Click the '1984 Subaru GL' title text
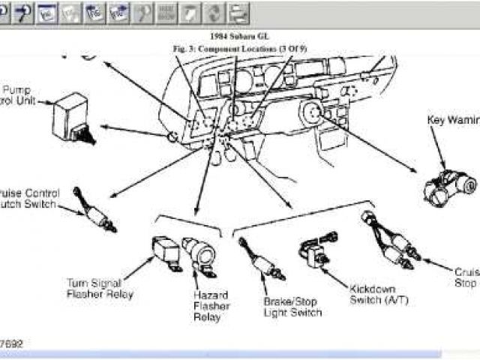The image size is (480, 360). [239, 36]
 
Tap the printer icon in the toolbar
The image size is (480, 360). [238, 12]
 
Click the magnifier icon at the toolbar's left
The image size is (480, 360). [7, 12]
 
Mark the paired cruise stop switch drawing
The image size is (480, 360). [391, 235]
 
